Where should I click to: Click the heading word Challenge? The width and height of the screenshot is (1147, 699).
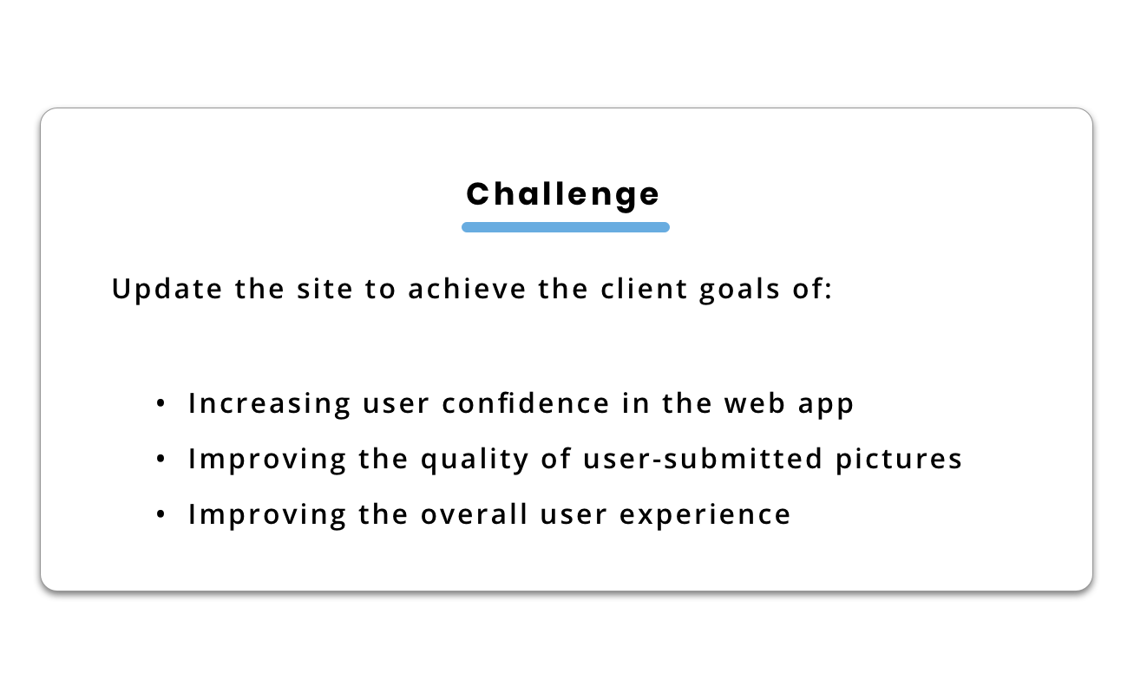coord(563,195)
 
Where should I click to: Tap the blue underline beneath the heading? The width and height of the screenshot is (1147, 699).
coord(566,227)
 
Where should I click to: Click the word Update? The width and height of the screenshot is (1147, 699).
coord(167,290)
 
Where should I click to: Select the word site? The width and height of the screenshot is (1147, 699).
coord(324,289)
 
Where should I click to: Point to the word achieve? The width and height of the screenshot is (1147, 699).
coord(467,289)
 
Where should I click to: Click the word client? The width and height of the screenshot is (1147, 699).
coord(644,289)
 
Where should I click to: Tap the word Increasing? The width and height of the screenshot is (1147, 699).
coord(269,405)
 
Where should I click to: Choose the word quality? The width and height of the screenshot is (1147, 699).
coord(475,460)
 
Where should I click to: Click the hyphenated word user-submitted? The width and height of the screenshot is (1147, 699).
coord(703,458)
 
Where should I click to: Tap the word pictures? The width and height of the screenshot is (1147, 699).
coord(899,460)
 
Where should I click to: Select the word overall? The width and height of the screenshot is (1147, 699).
coord(474,513)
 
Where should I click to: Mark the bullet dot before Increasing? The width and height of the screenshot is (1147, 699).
coord(161,403)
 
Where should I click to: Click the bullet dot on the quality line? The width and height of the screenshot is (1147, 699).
coord(161,459)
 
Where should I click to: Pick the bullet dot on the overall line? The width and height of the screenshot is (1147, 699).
coord(161,513)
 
